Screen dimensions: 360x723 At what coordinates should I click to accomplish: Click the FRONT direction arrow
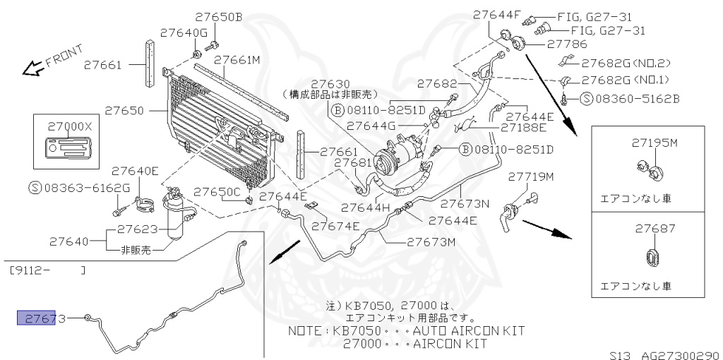[x=32, y=68]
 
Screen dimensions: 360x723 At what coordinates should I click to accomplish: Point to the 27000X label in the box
[x=70, y=126]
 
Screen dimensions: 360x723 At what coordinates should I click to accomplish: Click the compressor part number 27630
[x=330, y=83]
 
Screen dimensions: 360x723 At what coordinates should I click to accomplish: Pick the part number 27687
[x=655, y=229]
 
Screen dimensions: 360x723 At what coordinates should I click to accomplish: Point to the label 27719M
[x=531, y=176]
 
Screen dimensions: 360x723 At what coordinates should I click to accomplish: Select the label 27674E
[x=335, y=226]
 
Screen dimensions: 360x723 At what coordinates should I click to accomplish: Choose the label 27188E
[x=523, y=128]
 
